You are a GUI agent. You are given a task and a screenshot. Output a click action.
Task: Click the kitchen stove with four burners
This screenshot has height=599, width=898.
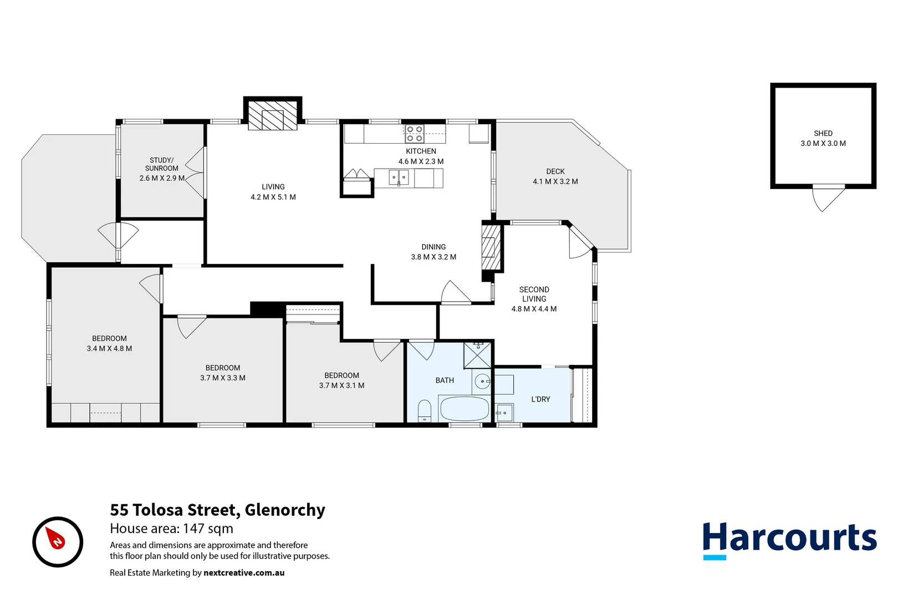click(415, 134)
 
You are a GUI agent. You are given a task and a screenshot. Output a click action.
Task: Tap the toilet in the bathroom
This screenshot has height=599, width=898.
click(425, 410)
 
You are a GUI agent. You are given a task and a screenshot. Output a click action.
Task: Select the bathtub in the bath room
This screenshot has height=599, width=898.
click(464, 409)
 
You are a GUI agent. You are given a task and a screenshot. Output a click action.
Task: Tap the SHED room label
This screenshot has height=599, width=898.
click(823, 133)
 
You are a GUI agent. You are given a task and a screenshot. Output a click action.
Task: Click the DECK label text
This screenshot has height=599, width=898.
click(555, 171)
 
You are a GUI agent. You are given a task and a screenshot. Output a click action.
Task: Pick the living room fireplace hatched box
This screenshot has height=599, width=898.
click(272, 116)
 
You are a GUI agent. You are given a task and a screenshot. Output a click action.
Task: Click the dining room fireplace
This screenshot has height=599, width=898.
click(489, 247)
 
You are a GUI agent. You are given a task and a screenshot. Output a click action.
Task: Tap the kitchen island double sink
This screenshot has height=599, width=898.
click(399, 178)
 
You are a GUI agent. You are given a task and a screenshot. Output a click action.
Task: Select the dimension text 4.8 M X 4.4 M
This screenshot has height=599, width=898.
click(534, 309)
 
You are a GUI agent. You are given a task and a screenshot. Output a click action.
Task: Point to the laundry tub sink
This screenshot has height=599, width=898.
click(504, 413)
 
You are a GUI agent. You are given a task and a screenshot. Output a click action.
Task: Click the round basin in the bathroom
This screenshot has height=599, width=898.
click(483, 382)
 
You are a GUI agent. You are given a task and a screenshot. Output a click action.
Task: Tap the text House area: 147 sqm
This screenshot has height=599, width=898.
click(171, 529)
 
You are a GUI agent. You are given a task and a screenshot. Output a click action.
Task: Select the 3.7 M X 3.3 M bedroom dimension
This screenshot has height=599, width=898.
click(223, 378)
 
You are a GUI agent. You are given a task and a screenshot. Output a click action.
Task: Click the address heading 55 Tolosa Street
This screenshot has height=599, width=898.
click(217, 510)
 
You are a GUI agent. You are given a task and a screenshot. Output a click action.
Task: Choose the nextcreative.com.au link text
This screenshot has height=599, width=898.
click(244, 572)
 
